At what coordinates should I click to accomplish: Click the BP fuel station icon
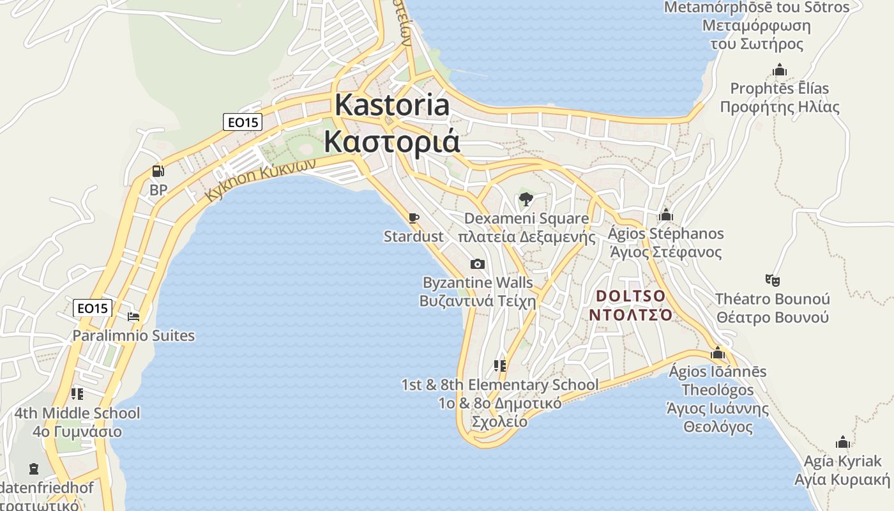click(x=158, y=171)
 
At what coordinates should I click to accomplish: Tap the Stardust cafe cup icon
click(x=414, y=218)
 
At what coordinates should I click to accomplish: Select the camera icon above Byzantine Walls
click(x=477, y=264)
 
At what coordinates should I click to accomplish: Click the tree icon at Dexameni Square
click(x=526, y=199)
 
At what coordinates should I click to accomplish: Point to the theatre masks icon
click(x=773, y=280)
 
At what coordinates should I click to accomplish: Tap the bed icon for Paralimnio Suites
click(x=133, y=316)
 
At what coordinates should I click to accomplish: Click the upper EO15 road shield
click(x=243, y=121)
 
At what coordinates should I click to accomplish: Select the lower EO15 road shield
click(x=93, y=308)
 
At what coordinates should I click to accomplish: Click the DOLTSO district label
click(x=630, y=296)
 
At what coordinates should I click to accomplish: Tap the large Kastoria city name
click(x=392, y=105)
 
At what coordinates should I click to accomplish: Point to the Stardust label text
click(x=413, y=236)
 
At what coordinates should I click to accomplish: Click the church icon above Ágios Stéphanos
click(x=666, y=215)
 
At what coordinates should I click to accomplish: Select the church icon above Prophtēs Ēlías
click(x=779, y=70)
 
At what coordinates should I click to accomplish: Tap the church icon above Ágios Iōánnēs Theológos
click(x=718, y=353)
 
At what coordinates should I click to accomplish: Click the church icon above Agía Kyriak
click(x=843, y=442)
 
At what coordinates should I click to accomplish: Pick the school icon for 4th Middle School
click(x=77, y=393)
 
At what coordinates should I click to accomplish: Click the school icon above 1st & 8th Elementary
click(x=500, y=366)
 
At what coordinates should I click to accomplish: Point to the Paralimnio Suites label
click(x=133, y=335)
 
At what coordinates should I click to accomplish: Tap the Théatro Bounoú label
click(x=772, y=299)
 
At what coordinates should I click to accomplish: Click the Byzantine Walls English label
click(x=477, y=282)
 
